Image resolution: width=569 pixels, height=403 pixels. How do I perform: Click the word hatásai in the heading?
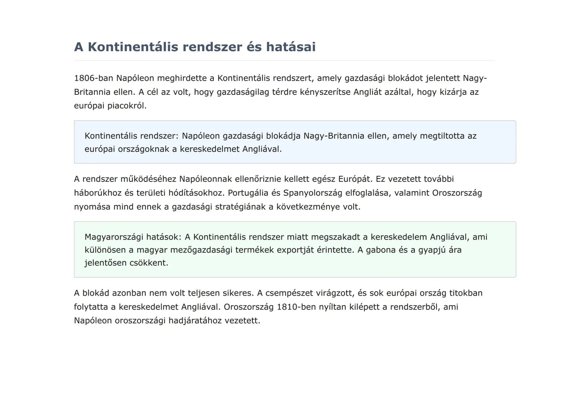(x=291, y=47)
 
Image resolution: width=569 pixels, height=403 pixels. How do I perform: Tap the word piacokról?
(x=127, y=106)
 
